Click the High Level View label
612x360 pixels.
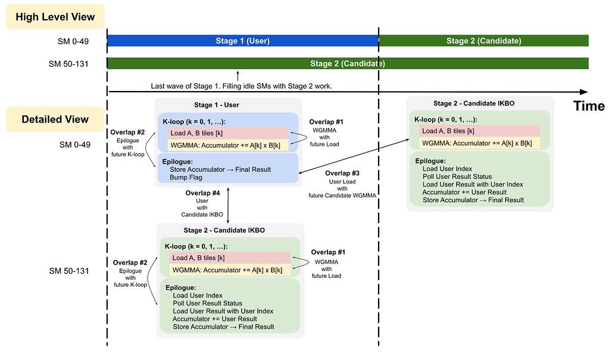55,17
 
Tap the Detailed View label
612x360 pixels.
55,119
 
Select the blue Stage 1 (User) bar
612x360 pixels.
243,40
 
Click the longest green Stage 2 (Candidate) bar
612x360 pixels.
347,63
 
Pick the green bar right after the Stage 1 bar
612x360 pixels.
483,40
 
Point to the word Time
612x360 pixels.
589,106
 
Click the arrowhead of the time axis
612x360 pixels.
584,92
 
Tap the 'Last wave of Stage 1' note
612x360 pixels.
241,86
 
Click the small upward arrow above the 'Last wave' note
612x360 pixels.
238,76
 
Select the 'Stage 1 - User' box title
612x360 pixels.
217,105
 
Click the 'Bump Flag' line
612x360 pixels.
186,177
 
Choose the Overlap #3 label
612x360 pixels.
342,173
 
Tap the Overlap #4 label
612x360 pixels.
202,193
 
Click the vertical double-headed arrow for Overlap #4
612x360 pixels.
229,205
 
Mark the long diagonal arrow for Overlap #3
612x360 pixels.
354,156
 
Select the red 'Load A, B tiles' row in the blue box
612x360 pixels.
229,133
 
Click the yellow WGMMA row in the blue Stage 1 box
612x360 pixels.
229,145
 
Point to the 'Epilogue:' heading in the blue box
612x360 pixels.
177,161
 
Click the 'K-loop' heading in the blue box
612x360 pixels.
194,121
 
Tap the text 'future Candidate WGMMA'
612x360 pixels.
342,195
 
